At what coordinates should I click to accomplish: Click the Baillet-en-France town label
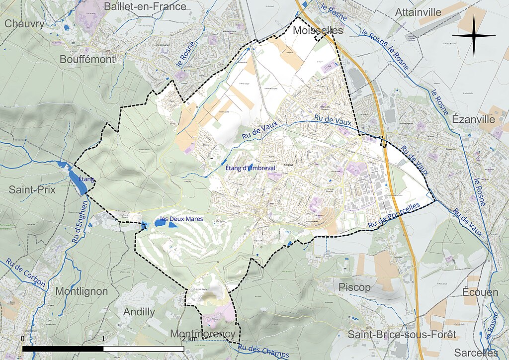click(145, 6)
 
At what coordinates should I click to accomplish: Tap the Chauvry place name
click(25, 23)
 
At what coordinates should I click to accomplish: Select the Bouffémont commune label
click(87, 59)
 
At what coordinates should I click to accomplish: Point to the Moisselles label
click(318, 30)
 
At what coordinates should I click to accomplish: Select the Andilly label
click(139, 312)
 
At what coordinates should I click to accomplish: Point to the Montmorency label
click(202, 333)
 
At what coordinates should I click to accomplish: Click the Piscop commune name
click(354, 287)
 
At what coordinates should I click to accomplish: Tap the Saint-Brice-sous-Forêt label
click(401, 335)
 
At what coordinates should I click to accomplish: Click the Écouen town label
click(480, 292)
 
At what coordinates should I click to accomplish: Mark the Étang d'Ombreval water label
click(250, 169)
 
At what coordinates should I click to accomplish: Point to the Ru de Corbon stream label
click(25, 274)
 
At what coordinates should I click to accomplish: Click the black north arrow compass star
click(474, 36)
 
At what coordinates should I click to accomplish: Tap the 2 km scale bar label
click(189, 339)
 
